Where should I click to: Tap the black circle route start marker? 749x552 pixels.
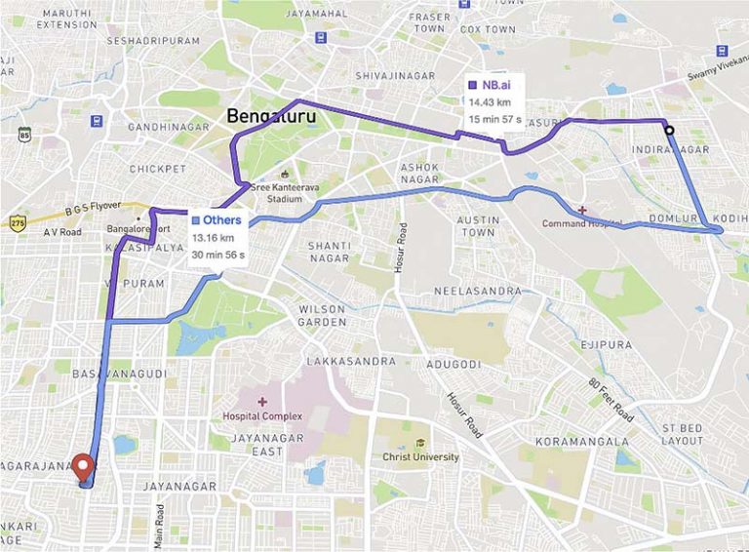tap(669, 131)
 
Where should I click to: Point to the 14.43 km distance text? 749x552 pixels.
tap(490, 100)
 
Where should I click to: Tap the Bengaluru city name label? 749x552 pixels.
tap(266, 116)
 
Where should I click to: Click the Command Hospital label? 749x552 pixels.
tap(583, 223)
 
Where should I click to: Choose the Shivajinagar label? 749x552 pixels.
tap(393, 74)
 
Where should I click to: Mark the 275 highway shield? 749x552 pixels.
tap(17, 222)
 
